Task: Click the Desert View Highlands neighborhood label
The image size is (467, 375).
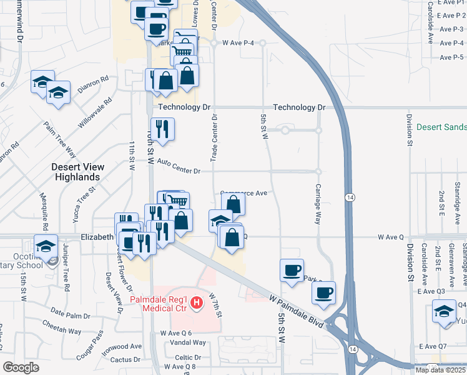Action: click(77, 172)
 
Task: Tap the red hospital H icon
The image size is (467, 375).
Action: click(197, 304)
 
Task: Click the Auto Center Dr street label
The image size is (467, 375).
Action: click(179, 167)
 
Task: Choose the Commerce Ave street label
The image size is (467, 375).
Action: click(244, 193)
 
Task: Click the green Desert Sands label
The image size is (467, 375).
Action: click(441, 127)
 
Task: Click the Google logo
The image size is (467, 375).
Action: click(21, 367)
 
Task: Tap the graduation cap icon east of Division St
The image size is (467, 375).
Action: click(443, 311)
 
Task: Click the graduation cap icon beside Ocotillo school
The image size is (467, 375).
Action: click(46, 247)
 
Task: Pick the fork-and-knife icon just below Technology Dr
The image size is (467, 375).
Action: click(162, 129)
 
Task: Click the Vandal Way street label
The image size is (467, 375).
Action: click(191, 342)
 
